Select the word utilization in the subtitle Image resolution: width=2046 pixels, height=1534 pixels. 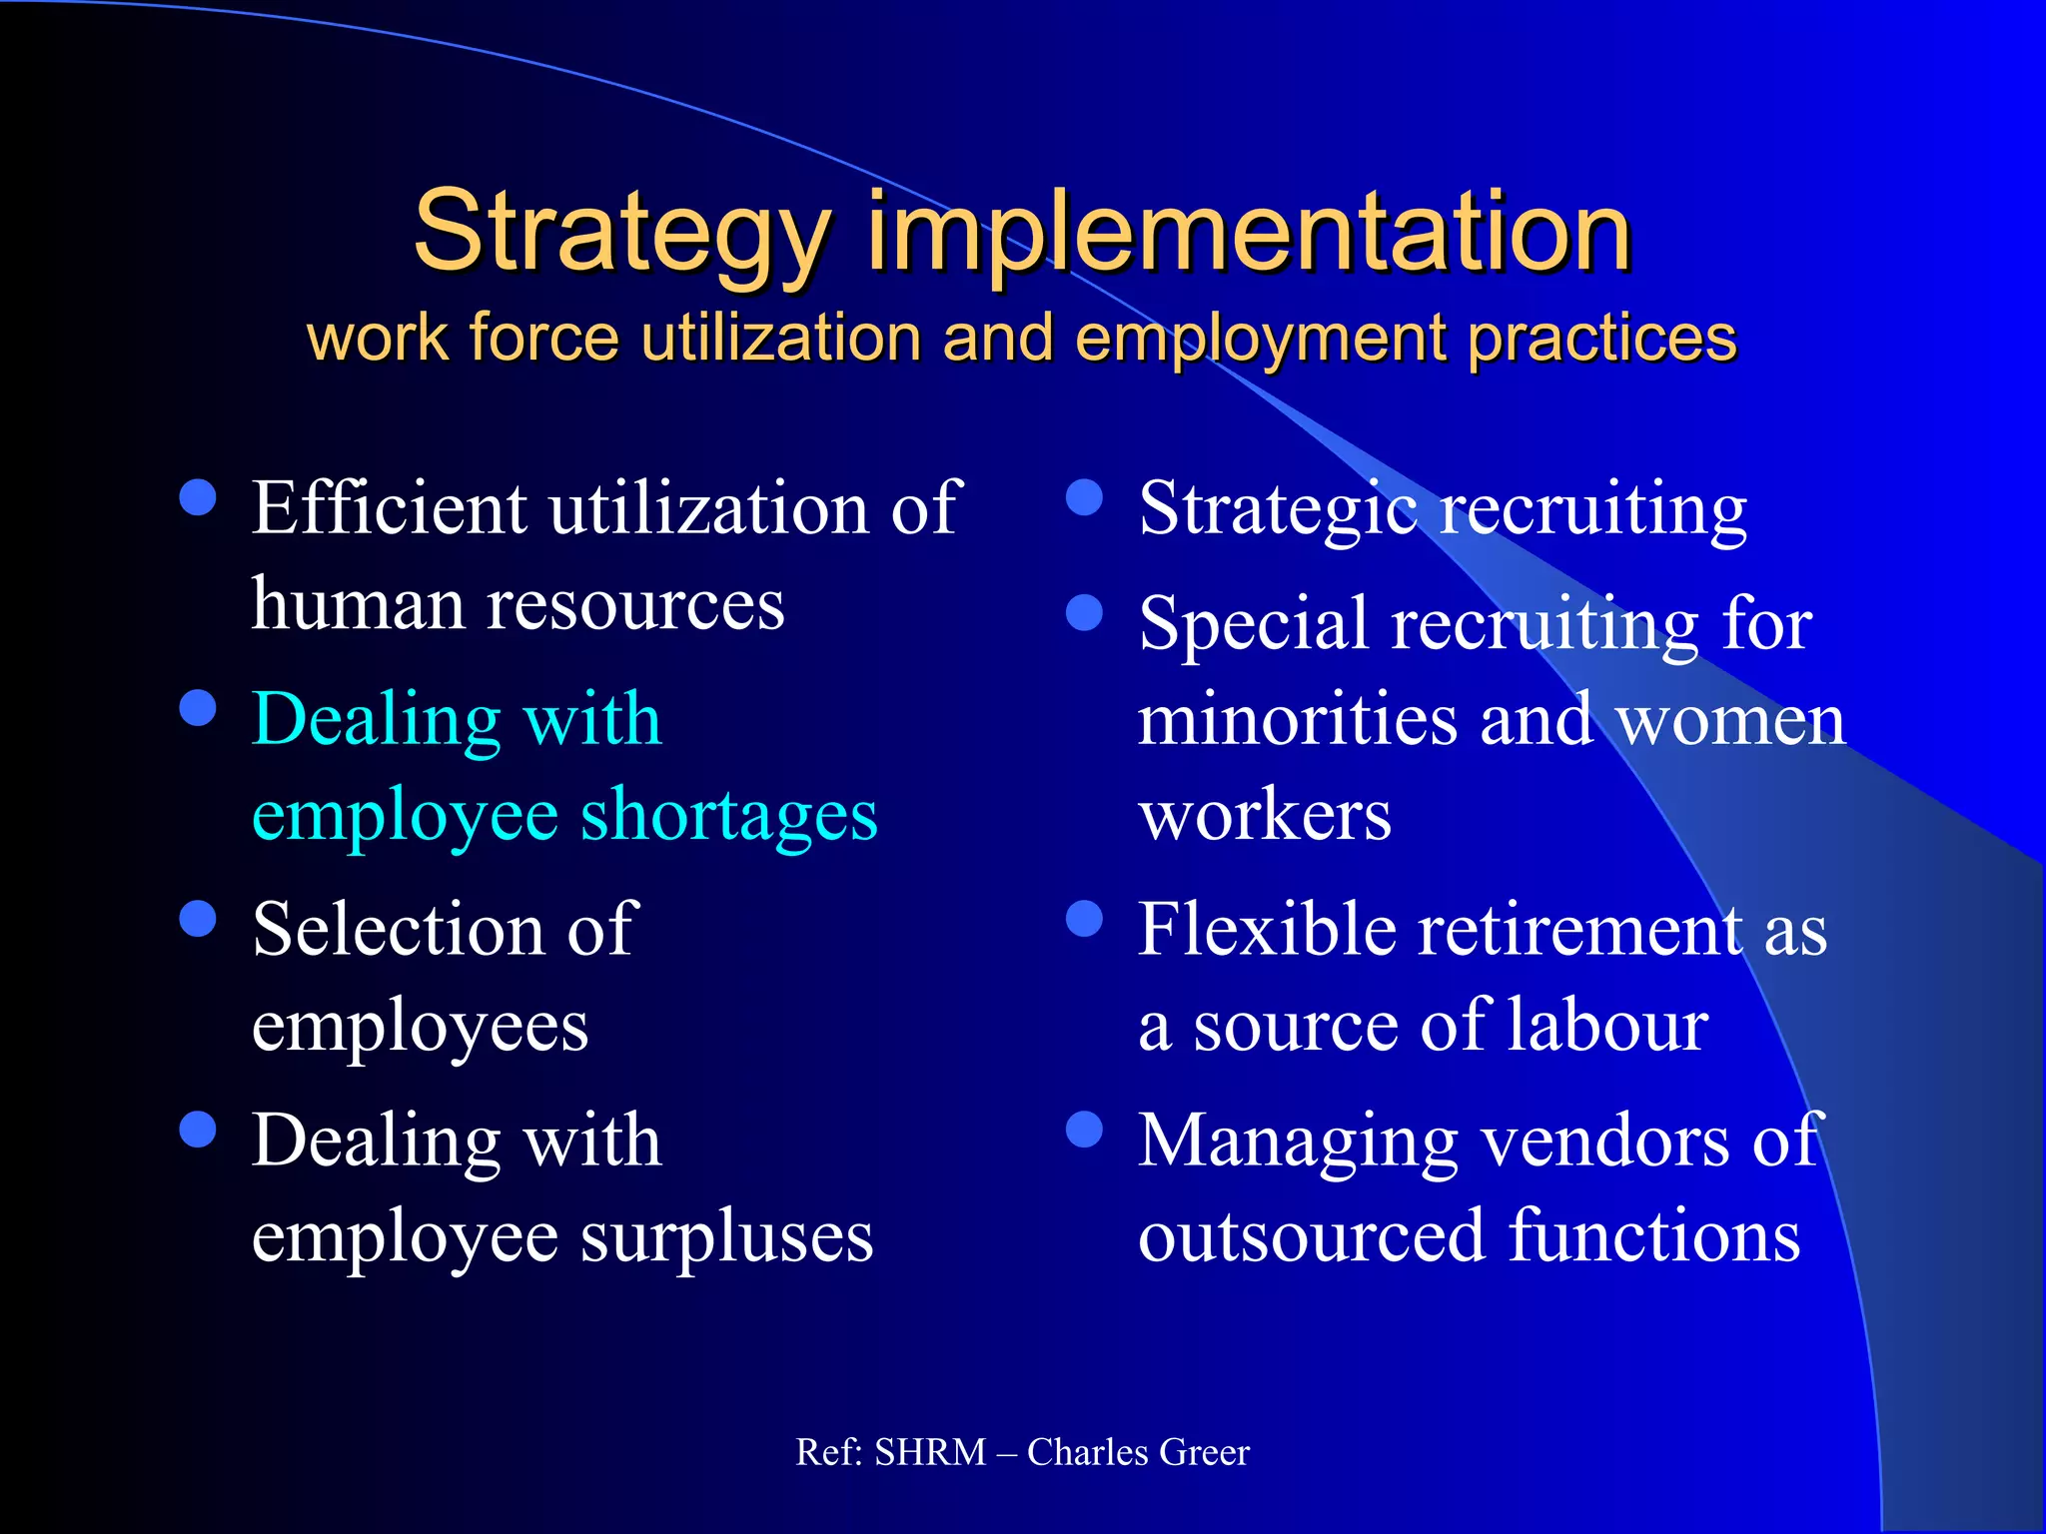coord(780,338)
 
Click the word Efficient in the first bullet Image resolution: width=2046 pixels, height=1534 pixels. coord(389,507)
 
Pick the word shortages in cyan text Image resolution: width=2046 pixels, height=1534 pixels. coord(728,815)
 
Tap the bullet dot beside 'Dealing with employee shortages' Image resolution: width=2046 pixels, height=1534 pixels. coord(198,708)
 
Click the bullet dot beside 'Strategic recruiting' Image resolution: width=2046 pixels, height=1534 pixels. coord(1084,497)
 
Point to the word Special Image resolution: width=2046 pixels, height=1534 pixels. coord(1253,623)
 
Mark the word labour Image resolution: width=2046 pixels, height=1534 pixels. coord(1607,1026)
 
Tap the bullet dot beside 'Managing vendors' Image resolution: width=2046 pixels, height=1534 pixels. coord(1084,1130)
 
